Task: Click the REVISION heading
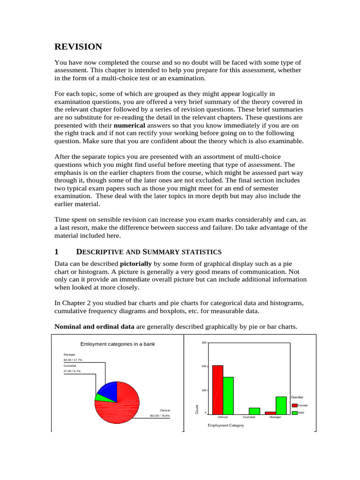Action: pyautogui.click(x=78, y=46)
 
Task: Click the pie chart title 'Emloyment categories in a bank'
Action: pyautogui.click(x=118, y=344)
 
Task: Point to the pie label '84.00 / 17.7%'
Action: pyautogui.click(x=73, y=360)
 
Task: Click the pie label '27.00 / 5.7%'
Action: pyautogui.click(x=72, y=371)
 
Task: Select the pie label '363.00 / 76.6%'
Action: pyautogui.click(x=160, y=415)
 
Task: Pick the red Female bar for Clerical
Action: pyautogui.click(x=217, y=389)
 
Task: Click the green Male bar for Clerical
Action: pyautogui.click(x=228, y=395)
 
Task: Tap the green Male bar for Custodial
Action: pyautogui.click(x=254, y=411)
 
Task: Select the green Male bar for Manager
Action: pyautogui.click(x=281, y=405)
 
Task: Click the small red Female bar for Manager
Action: pyautogui.click(x=270, y=412)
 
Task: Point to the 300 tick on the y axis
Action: pyautogui.click(x=203, y=343)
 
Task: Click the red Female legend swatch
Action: pyautogui.click(x=294, y=405)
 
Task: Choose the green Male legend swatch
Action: pyautogui.click(x=294, y=412)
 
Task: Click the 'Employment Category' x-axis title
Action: pyautogui.click(x=225, y=426)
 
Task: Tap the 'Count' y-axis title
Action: pyautogui.click(x=197, y=410)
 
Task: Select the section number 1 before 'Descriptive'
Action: pyautogui.click(x=57, y=252)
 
